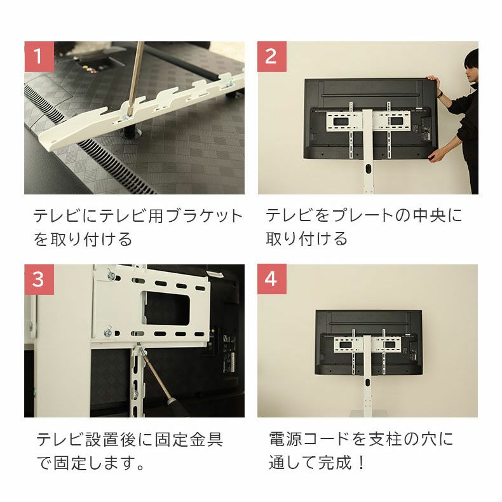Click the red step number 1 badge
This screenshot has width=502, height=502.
[39, 57]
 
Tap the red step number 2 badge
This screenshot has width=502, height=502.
[272, 57]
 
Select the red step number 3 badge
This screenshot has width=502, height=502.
[39, 279]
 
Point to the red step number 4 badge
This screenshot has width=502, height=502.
[272, 279]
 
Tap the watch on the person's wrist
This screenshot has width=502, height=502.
[440, 94]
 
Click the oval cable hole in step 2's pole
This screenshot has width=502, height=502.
[367, 168]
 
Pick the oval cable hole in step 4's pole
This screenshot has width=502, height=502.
[367, 383]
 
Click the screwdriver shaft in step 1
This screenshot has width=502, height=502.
[135, 77]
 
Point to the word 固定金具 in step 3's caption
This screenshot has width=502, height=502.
[189, 439]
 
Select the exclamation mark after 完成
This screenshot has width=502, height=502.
[362, 463]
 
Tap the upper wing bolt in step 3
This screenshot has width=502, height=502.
[111, 275]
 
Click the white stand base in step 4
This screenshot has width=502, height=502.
[367, 413]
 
